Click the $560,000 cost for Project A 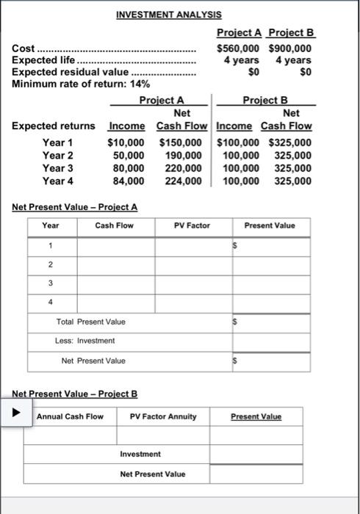240,48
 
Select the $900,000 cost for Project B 291,48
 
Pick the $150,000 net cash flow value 181,142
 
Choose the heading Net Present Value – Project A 75,206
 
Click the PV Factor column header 192,225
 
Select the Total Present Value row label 91,322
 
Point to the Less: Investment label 84,341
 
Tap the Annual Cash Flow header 70,416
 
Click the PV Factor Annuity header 163,416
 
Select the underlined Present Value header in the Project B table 256,416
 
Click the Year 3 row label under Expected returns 58,167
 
